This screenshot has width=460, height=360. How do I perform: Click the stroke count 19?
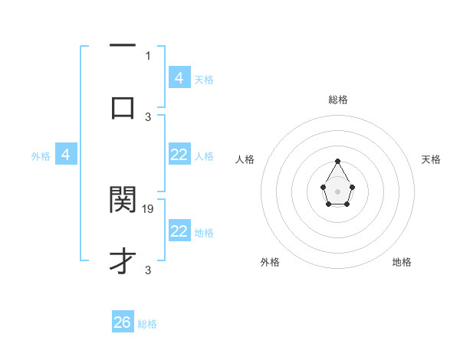pos(149,208)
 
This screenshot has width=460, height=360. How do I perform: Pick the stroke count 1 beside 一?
pos(148,55)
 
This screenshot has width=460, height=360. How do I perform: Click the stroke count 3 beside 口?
pos(148,116)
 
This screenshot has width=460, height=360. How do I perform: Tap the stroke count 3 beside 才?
pos(148,270)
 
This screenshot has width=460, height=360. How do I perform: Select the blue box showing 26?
pos(123,322)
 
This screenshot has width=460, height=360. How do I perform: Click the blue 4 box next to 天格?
pos(179,77)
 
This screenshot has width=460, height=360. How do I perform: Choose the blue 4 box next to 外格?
pos(66,155)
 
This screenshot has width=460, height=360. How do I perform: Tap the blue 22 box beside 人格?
pos(179,155)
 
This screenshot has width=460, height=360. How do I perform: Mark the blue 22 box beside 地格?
pos(179,231)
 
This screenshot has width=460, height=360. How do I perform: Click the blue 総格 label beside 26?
pos(147,324)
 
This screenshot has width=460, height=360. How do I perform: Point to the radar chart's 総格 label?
pos(337,100)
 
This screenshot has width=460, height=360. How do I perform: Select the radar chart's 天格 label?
pos(432,159)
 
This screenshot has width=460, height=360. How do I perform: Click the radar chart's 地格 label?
pos(402,262)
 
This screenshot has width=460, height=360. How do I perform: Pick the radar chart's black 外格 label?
pos(270,262)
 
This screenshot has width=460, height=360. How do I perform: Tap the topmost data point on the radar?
pos(337,162)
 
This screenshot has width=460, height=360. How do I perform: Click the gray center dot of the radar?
pos(337,191)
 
